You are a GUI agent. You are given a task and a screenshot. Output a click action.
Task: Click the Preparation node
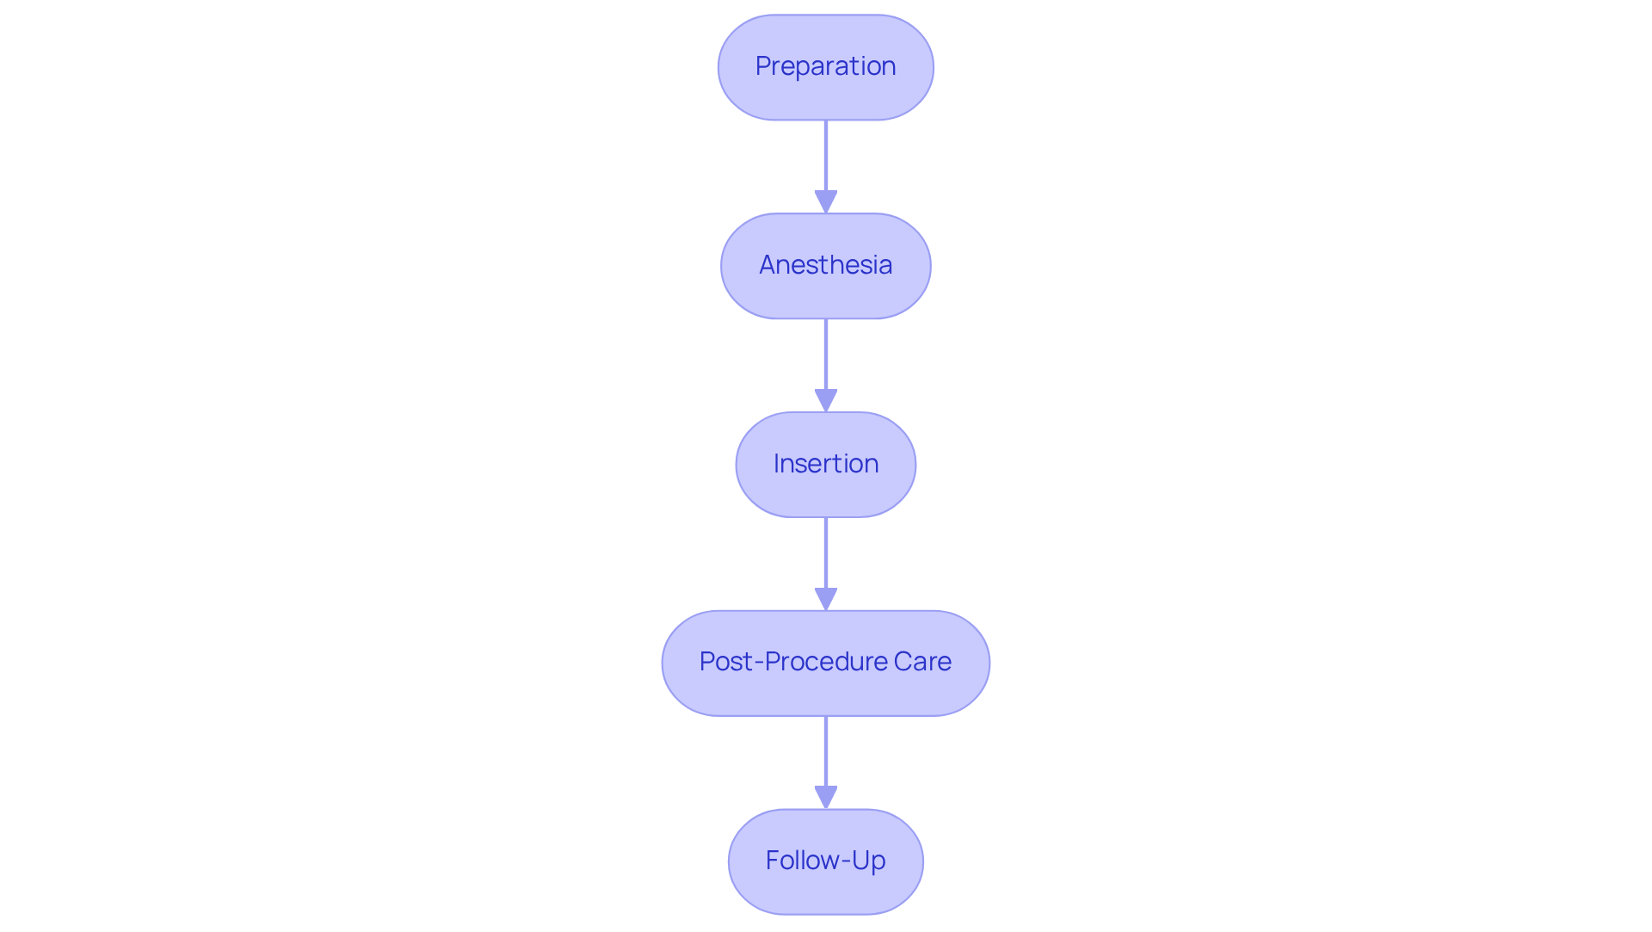[x=825, y=67]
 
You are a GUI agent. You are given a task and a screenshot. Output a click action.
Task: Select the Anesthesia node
[x=825, y=266]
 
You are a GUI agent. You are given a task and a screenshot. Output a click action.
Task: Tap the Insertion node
[x=825, y=465]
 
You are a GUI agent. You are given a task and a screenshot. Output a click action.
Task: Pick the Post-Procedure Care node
[x=825, y=664]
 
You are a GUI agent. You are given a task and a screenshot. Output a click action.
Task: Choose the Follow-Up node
[x=825, y=861]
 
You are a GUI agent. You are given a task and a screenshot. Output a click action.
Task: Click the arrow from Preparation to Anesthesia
[x=825, y=159]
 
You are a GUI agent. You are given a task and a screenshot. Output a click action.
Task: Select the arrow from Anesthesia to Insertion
[x=825, y=357]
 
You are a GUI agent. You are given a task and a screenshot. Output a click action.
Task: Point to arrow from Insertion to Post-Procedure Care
[x=825, y=555]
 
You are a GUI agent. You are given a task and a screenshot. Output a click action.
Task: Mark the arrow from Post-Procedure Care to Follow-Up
[x=825, y=754]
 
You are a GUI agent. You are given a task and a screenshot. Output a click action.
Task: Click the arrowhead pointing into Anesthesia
[x=825, y=201]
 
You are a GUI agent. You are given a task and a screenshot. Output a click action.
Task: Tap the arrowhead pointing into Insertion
[x=825, y=400]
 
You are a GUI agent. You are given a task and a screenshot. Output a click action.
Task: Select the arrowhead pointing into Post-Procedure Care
[x=825, y=599]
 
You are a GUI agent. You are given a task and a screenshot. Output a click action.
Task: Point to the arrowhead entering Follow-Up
[x=825, y=797]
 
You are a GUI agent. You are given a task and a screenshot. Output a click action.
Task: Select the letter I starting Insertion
[x=777, y=464]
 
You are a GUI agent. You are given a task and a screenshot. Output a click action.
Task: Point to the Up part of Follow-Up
[x=869, y=861]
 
